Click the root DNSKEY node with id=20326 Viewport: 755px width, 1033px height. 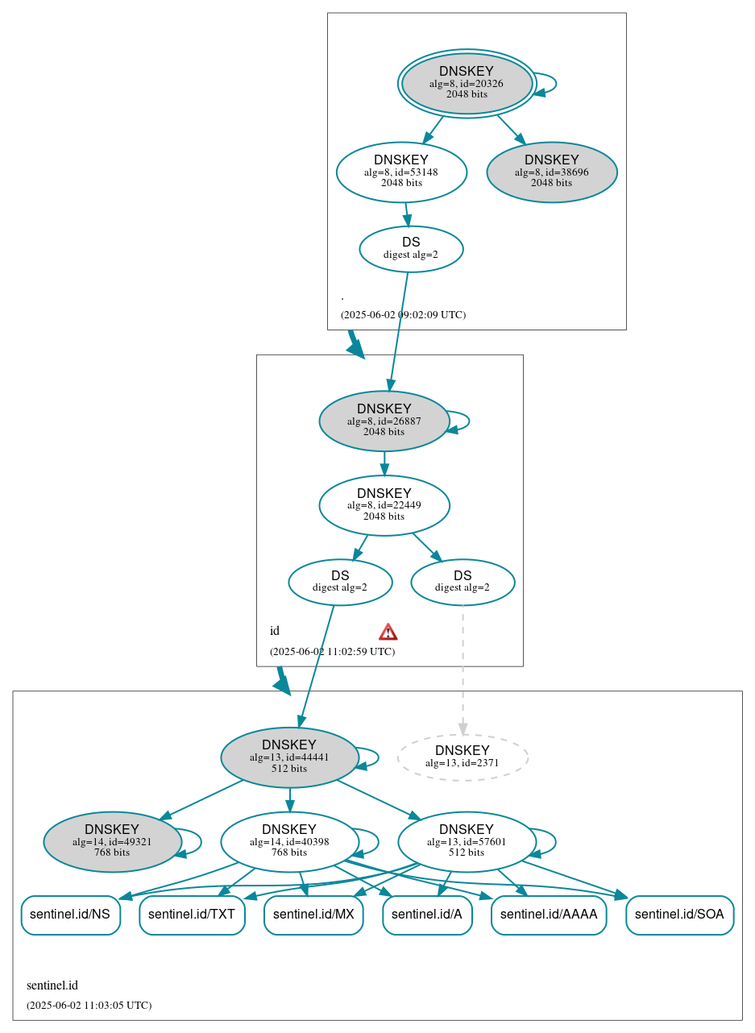[467, 83]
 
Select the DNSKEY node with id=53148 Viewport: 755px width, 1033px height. [401, 172]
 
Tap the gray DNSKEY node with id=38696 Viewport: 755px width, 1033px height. [552, 172]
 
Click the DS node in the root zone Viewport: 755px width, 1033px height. [411, 248]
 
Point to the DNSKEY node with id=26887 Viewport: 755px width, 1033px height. [384, 421]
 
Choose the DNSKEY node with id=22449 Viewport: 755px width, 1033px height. [384, 505]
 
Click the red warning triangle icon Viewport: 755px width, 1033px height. [388, 632]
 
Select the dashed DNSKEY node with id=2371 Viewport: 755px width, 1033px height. [463, 757]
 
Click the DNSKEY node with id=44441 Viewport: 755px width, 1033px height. [289, 757]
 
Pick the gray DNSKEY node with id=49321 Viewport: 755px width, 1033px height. [112, 841]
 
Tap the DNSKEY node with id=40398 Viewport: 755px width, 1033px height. [289, 841]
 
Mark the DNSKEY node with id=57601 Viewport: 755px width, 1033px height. [467, 841]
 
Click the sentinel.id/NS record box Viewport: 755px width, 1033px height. [70, 915]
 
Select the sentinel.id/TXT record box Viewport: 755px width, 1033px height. [192, 915]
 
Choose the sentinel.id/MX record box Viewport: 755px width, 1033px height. [313, 915]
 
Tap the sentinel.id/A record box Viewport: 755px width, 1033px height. [427, 915]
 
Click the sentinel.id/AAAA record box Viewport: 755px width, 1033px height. [549, 915]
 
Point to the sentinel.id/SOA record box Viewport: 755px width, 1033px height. [679, 915]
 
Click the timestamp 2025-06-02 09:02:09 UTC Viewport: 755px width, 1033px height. [403, 314]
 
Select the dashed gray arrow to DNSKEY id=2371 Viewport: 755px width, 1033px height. [463, 669]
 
